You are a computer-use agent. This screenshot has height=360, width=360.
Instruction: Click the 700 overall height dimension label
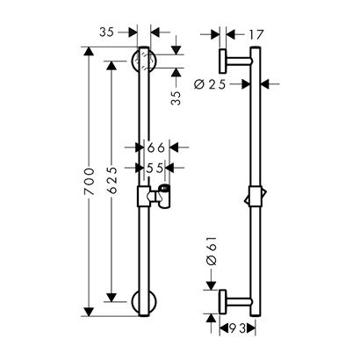point(90,182)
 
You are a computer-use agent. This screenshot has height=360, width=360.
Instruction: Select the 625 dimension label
point(112,180)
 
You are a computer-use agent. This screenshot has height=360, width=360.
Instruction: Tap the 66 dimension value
point(156,148)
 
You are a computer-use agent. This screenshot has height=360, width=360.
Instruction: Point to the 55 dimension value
point(155,168)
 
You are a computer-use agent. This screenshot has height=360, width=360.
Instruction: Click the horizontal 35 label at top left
point(106,32)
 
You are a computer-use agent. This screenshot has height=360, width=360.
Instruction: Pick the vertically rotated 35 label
point(176,97)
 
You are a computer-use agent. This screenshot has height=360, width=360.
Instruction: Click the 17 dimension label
point(256,35)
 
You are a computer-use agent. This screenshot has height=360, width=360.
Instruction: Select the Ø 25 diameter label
point(210,84)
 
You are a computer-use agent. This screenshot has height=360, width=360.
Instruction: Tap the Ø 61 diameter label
point(212,250)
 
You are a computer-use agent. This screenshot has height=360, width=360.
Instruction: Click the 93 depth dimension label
point(237,328)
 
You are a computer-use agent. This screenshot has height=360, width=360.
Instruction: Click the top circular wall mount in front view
point(144,61)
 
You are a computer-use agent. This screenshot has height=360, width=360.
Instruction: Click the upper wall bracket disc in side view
point(223,61)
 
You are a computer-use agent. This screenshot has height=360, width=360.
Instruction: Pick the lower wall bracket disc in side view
point(223,301)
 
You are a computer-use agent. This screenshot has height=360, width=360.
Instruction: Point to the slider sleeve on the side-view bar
point(255,197)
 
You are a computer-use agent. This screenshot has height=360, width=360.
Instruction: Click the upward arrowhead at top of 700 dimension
point(89,51)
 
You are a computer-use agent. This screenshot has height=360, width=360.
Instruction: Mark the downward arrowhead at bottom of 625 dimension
point(112,297)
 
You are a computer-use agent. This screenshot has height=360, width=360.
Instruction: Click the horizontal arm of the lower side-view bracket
point(239,302)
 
